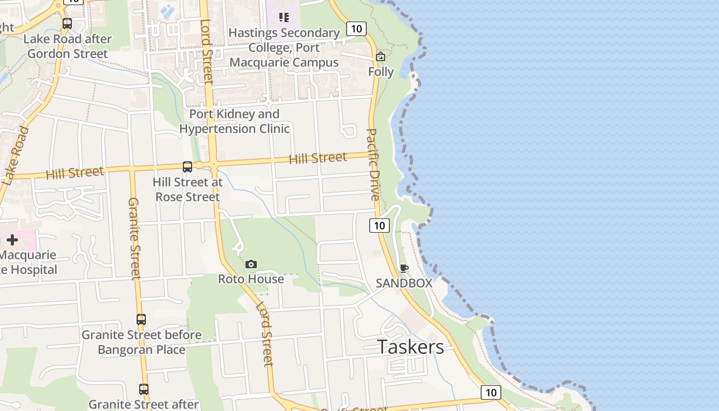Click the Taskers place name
pyautogui.click(x=411, y=347)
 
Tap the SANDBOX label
pyautogui.click(x=404, y=283)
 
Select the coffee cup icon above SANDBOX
pyautogui.click(x=404, y=268)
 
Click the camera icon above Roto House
pyautogui.click(x=251, y=264)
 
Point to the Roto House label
pyautogui.click(x=251, y=279)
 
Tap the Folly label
pyautogui.click(x=381, y=71)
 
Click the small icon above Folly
pyautogui.click(x=381, y=57)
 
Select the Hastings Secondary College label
pyautogui.click(x=284, y=48)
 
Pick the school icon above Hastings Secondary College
pyautogui.click(x=284, y=17)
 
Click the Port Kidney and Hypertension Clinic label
pyautogui.click(x=234, y=121)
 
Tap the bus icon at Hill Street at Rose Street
pyautogui.click(x=187, y=166)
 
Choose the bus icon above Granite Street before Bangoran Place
pyautogui.click(x=141, y=319)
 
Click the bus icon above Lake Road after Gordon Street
pyautogui.click(x=67, y=24)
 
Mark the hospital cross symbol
pyautogui.click(x=12, y=240)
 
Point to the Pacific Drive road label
pyautogui.click(x=373, y=164)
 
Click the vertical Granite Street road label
pyautogui.click(x=134, y=238)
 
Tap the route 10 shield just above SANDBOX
pyautogui.click(x=380, y=225)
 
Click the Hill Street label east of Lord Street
pyautogui.click(x=318, y=158)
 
